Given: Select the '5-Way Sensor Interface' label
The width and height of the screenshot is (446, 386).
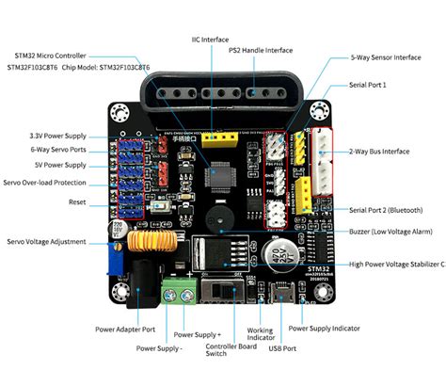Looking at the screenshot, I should [386, 57].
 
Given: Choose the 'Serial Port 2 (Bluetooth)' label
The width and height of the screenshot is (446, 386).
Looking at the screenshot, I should [386, 210].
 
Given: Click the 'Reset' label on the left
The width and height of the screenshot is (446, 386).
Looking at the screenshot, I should [77, 202].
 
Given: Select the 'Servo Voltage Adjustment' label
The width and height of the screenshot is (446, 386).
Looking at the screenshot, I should [49, 241].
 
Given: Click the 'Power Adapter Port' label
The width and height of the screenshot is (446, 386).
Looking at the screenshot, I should [125, 330].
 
